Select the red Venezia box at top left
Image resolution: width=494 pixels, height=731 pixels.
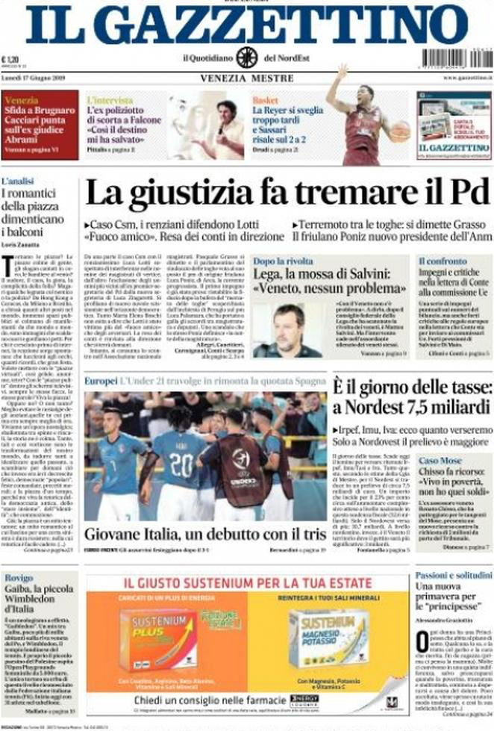(40, 125)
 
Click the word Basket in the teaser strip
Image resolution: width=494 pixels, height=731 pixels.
(265, 99)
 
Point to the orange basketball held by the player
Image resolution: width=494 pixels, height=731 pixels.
(401, 131)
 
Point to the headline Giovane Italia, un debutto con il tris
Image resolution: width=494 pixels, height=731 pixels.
(205, 535)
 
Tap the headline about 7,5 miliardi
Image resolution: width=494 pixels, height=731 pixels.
(412, 397)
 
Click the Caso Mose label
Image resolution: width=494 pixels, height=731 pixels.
(440, 461)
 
